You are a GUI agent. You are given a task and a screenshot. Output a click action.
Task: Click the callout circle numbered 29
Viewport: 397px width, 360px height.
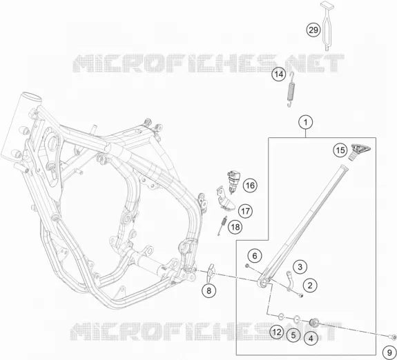tap(313, 30)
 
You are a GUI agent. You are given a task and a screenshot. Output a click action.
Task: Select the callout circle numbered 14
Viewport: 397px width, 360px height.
tap(279, 74)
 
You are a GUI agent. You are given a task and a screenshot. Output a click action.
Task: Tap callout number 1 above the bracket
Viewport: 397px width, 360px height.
tap(306, 123)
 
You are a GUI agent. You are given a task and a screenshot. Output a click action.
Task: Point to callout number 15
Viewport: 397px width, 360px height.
tap(340, 150)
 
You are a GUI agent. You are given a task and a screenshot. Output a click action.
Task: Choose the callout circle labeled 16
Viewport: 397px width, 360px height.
tap(250, 186)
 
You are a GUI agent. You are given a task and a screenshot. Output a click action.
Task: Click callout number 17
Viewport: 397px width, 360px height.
tap(245, 211)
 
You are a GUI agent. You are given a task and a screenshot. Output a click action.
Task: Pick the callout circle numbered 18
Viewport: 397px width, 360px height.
tap(235, 227)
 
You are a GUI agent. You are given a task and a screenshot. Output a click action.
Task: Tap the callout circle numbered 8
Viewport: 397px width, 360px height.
tap(209, 290)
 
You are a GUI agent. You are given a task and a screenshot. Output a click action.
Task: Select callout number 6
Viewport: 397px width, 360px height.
tap(255, 256)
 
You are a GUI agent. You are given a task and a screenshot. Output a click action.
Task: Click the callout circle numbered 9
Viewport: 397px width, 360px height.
tap(390, 352)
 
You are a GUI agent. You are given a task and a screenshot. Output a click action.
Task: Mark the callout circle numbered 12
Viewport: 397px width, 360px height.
tap(277, 332)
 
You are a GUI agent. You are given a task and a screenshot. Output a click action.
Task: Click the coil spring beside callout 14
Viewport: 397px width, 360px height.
tap(291, 89)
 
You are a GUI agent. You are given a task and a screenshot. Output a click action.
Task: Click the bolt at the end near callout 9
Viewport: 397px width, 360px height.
tap(392, 337)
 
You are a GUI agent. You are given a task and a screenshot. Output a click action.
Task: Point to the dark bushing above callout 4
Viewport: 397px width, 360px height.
tap(314, 322)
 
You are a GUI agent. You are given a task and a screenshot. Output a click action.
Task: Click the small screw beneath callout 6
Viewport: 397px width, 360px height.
tap(247, 266)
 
